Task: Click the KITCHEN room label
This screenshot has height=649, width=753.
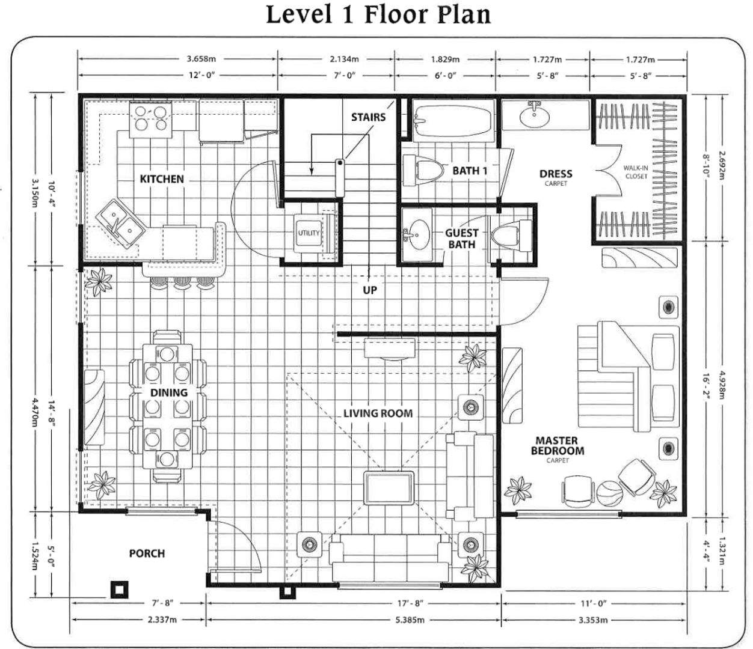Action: pos(162,178)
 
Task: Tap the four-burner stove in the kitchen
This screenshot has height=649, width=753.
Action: pos(150,119)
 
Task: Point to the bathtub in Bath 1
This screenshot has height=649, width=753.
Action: pos(453,120)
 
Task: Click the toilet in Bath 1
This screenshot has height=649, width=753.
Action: pos(423,170)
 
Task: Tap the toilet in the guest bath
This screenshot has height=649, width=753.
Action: pos(510,235)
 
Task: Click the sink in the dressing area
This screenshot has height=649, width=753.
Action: pos(533,115)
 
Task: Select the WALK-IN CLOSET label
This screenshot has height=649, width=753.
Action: pos(636,172)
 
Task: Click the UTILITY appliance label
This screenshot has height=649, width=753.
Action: pos(309,233)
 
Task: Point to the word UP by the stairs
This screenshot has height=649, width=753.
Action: pos(370,290)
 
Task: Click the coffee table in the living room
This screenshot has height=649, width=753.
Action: pos(389,488)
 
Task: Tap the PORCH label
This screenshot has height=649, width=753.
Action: pos(147,553)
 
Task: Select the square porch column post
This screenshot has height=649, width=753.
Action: pos(120,590)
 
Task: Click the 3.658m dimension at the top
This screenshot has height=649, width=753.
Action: pos(201,59)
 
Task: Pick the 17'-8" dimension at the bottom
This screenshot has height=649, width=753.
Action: pos(410,603)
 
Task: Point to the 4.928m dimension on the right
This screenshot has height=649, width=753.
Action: pos(722,385)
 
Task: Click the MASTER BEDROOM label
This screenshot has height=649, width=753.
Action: pos(557,446)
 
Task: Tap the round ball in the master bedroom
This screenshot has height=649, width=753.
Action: pos(609,494)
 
